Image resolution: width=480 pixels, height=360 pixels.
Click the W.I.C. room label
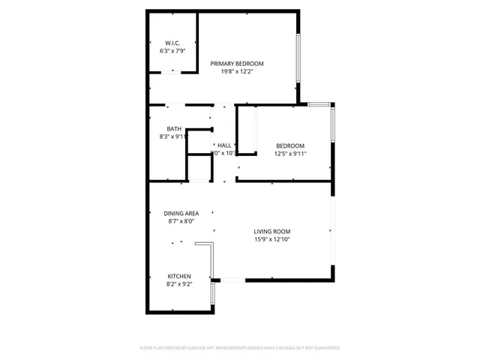[x=173, y=43]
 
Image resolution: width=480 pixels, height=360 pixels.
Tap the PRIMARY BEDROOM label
[x=237, y=63]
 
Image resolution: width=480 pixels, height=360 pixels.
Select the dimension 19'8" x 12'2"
[x=237, y=72]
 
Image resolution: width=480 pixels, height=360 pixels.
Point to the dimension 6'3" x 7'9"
[x=173, y=52]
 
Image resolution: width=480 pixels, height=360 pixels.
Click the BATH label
[x=173, y=128]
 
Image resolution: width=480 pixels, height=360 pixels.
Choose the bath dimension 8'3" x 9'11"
[x=172, y=137]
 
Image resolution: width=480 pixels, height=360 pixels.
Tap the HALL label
[x=224, y=145]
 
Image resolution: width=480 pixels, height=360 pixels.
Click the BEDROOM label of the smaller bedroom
[x=290, y=145]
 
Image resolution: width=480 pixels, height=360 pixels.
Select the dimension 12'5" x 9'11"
[x=290, y=154]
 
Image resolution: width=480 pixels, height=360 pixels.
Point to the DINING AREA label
[x=181, y=213]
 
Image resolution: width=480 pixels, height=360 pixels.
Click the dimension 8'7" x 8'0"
[x=181, y=222]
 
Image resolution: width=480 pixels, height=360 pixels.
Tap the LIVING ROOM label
[x=271, y=231]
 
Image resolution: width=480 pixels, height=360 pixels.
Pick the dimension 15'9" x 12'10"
[x=271, y=241]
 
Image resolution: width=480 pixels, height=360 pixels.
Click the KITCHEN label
[x=179, y=275]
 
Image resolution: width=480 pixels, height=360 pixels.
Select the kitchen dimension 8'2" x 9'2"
[x=179, y=284]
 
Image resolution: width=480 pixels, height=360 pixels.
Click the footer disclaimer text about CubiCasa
[x=240, y=348]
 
